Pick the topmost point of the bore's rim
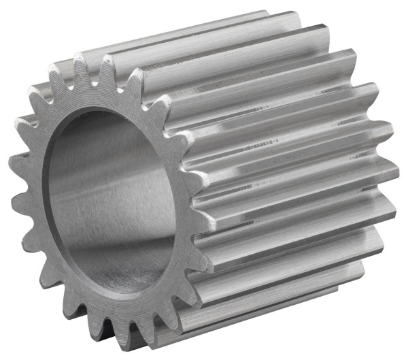pyautogui.click(x=102, y=109)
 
